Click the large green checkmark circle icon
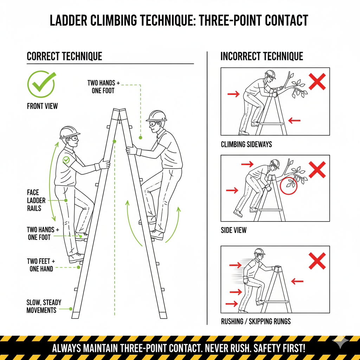click(x=41, y=84)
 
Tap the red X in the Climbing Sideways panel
click(x=317, y=82)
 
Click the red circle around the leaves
click(x=289, y=186)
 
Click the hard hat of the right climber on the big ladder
click(x=156, y=116)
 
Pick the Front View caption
click(x=42, y=106)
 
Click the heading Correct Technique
click(x=64, y=56)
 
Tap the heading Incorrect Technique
click(x=262, y=56)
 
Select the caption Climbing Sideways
click(x=246, y=144)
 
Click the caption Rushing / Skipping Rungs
click(x=256, y=321)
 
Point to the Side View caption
click(x=233, y=230)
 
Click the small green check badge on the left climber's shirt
click(x=66, y=160)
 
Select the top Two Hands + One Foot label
click(x=103, y=86)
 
